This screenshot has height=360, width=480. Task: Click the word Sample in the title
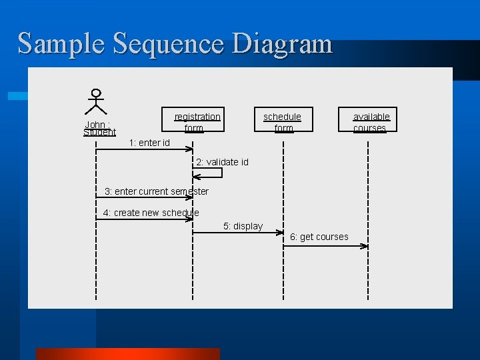click(62, 44)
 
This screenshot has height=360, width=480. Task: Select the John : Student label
click(99, 128)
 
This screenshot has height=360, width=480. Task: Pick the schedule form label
click(283, 122)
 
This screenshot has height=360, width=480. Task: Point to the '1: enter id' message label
click(149, 143)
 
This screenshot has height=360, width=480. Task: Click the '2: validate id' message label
click(222, 162)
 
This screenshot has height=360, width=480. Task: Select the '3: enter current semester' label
click(157, 191)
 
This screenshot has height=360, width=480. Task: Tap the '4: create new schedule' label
click(151, 213)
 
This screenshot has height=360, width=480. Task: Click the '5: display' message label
click(243, 226)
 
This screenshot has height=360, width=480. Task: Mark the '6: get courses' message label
click(319, 237)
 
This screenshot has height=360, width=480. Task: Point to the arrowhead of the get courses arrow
click(364, 246)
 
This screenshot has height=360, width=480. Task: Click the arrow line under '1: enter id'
click(143, 150)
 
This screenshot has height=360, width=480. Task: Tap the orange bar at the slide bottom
click(127, 354)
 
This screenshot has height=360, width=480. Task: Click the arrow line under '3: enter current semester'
click(143, 198)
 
